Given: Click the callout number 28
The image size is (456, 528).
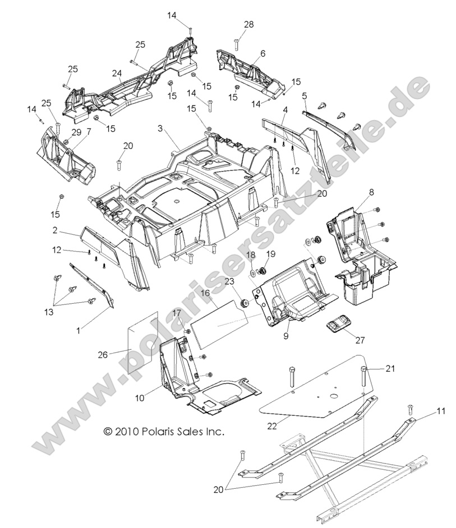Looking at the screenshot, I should [x=248, y=24].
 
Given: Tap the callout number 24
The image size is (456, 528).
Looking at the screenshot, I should [x=116, y=73].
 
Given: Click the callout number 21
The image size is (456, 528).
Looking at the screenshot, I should [x=390, y=368].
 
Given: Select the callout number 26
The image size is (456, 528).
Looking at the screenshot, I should [x=102, y=354].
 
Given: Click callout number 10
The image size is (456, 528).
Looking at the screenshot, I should [x=140, y=397].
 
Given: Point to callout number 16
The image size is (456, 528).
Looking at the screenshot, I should [x=205, y=293].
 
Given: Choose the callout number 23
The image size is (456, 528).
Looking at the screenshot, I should [x=229, y=281].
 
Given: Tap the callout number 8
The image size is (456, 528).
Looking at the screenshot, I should [x=371, y=192].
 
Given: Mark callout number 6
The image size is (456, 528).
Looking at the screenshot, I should [x=262, y=54].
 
